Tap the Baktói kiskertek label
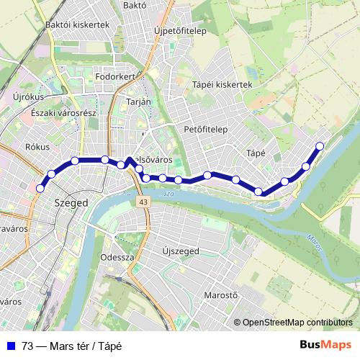pos(76,24)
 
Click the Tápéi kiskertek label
pos(222,84)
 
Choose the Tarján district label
pos(138,102)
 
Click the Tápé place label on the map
pos(256,153)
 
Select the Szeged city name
pos(71,203)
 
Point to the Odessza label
pos(117,257)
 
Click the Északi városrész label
pos(58,113)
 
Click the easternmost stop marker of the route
pos(320,147)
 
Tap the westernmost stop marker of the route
pos(40,189)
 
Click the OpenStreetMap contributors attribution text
pos(297,323)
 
